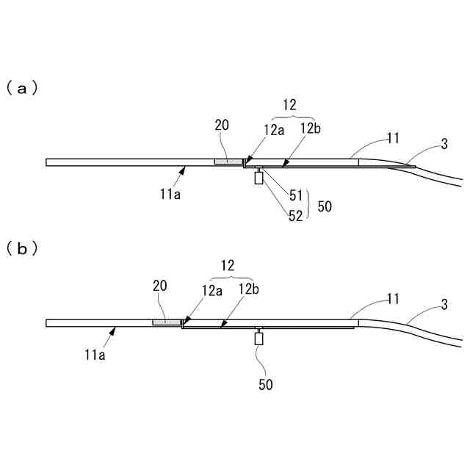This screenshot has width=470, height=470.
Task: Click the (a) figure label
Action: [x=21, y=88]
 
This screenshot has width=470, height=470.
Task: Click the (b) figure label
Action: [x=21, y=249]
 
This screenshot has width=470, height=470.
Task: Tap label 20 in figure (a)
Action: [x=223, y=126]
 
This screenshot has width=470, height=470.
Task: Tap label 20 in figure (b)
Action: [x=160, y=286]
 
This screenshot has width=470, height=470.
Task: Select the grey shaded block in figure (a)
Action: [x=227, y=162]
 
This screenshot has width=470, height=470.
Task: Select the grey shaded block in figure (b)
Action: [x=167, y=322]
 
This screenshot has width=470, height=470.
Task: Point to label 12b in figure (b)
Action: [x=247, y=289]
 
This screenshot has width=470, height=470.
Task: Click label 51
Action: [x=296, y=195]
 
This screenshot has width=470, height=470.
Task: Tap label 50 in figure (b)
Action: [x=265, y=384]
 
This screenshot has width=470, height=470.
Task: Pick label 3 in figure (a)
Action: [x=444, y=144]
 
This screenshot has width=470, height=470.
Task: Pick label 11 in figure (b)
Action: [x=393, y=298]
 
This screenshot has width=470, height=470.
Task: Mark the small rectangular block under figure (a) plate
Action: [x=258, y=178]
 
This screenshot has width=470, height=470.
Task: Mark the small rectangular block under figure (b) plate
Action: [x=258, y=339]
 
